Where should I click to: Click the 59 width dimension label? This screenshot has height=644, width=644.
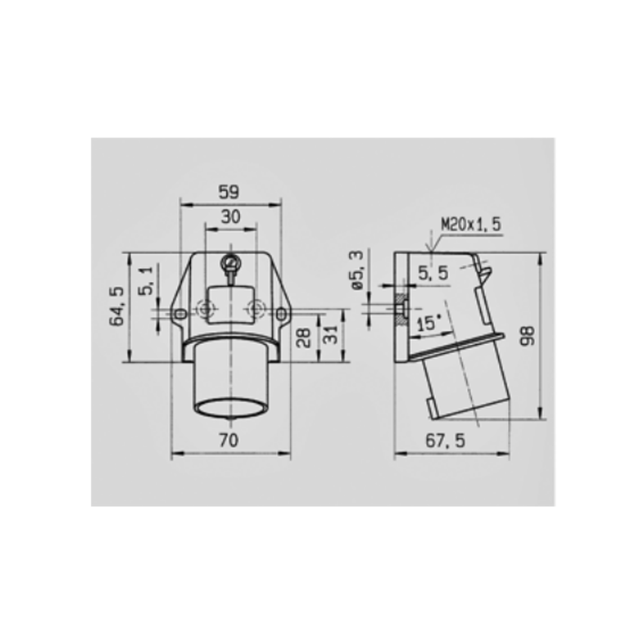pyautogui.click(x=228, y=192)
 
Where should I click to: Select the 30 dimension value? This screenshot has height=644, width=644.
pyautogui.click(x=231, y=216)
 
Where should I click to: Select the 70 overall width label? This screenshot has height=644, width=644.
pyautogui.click(x=228, y=440)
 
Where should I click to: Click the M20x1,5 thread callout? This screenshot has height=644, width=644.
pyautogui.click(x=471, y=224)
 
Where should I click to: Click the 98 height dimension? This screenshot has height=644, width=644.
pyautogui.click(x=528, y=336)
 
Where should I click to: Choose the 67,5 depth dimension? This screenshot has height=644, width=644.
pyautogui.click(x=445, y=440)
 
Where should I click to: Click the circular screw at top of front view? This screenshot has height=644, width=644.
pyautogui.click(x=230, y=261)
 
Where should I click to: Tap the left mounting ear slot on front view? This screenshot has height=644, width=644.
pyautogui.click(x=179, y=312)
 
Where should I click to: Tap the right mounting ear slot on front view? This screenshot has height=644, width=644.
pyautogui.click(x=280, y=312)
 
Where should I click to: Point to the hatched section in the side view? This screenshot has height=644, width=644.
pyautogui.click(x=400, y=308)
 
